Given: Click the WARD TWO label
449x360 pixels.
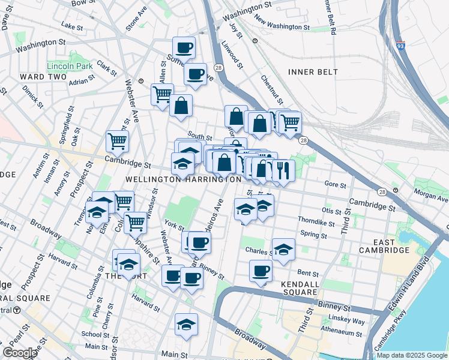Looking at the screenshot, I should (x=40, y=77).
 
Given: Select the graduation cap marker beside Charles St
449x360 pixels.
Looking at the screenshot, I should (x=283, y=248).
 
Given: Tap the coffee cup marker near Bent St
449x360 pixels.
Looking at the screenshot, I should (x=261, y=271).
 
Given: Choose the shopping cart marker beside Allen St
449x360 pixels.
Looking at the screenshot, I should (x=162, y=94).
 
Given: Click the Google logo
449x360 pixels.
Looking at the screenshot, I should (x=20, y=353).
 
